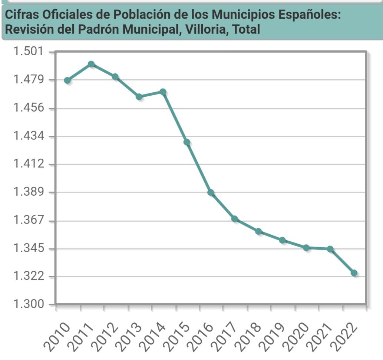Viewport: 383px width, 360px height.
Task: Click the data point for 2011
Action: pos(91,65)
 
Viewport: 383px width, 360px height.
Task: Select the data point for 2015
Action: pos(187,142)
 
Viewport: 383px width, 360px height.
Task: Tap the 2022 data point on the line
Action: pos(354,273)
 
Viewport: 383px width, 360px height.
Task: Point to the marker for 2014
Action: pos(163,92)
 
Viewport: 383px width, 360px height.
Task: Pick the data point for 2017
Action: pos(235,219)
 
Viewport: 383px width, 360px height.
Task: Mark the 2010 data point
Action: pos(67,81)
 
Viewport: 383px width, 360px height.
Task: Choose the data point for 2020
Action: pos(306,248)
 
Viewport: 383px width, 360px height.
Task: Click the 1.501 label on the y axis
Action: pos(28,52)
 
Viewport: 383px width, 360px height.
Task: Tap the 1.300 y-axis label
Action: pos(28,304)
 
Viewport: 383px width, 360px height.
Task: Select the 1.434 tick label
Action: pos(28,136)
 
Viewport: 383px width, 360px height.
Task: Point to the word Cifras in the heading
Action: pos(22,15)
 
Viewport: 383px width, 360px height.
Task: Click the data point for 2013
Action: pos(139,97)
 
